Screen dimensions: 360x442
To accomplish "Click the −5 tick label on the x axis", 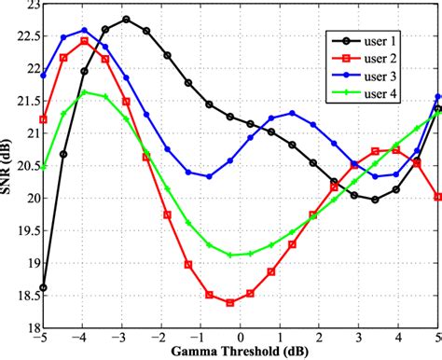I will (43, 339).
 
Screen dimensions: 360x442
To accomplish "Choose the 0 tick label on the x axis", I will (241, 339).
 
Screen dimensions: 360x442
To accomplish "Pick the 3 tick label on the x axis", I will (359, 339).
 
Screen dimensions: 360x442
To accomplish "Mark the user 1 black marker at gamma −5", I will (44, 287).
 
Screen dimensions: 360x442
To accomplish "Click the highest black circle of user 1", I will (126, 19).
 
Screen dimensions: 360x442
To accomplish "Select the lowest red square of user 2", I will (230, 302).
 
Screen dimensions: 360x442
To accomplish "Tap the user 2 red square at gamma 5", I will (437, 197).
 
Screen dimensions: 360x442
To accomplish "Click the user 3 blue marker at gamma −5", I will (44, 76).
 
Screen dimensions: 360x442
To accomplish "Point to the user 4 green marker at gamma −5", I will (44, 168).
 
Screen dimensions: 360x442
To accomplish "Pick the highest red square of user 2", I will (85, 41).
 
